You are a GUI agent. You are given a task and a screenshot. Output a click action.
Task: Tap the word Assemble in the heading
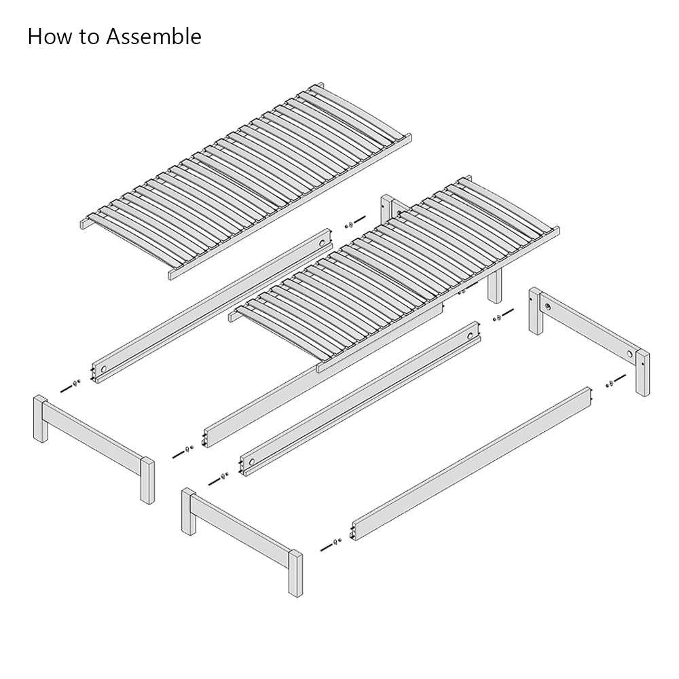tap(153, 37)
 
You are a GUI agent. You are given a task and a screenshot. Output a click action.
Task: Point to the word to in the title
tap(89, 37)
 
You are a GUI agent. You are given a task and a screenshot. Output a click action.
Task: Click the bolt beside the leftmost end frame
tap(70, 386)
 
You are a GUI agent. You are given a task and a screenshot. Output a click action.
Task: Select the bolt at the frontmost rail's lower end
tap(331, 545)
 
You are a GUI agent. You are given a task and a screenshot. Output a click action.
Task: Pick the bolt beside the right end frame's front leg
tap(615, 380)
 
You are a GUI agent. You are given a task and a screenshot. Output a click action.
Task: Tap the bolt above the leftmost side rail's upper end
tap(355, 221)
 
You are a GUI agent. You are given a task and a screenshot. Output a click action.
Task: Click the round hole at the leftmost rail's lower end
tap(103, 369)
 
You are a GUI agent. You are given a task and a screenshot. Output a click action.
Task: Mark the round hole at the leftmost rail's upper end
tap(322, 243)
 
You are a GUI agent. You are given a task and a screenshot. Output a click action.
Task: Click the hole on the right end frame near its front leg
tap(630, 354)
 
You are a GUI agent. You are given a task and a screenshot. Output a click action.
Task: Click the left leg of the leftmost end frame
tap(41, 419)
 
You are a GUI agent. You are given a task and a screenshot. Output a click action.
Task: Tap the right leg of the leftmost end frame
tap(147, 481)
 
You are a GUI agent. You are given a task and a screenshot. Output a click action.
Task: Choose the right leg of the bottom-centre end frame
tap(295, 574)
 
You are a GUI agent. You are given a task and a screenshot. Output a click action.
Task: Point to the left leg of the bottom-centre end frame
tap(189, 512)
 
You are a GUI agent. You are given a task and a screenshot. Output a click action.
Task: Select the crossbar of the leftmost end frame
tap(94, 438)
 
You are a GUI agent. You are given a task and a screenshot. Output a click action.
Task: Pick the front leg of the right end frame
tap(642, 373)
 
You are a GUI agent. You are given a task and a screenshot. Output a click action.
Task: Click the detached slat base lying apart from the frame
tap(246, 181)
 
